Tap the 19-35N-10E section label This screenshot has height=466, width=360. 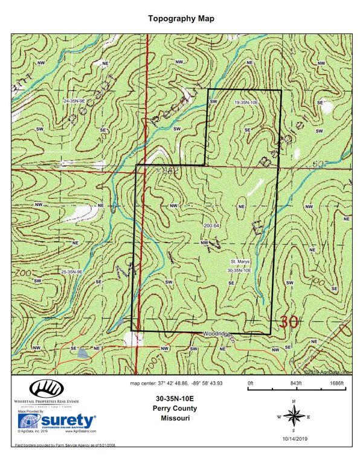click(246, 103)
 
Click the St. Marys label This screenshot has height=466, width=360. click(237, 262)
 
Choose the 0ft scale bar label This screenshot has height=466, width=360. click(251, 383)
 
